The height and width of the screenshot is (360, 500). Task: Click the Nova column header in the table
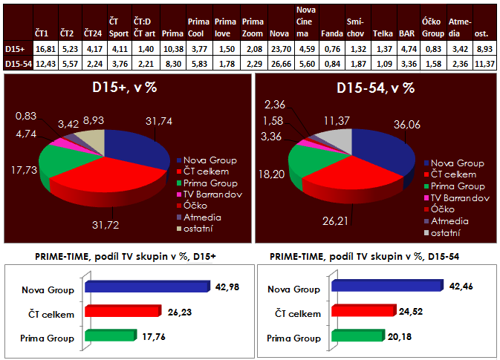[x=279, y=34]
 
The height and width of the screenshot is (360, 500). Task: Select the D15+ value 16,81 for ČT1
[x=46, y=50]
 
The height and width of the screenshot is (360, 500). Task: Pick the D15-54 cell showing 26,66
[x=279, y=64]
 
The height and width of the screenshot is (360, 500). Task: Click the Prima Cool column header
[x=198, y=29]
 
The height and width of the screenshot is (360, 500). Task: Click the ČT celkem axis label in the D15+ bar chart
[x=53, y=313]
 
